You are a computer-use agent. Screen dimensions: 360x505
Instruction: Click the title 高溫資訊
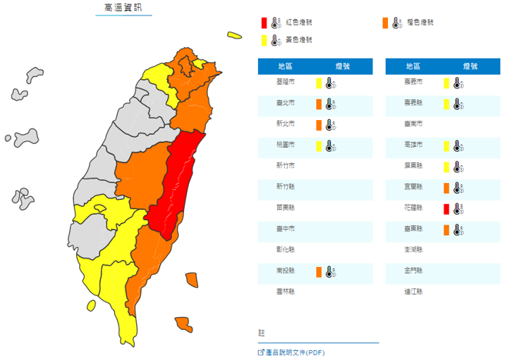[123, 8]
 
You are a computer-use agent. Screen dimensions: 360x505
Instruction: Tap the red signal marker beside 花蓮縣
[446, 208]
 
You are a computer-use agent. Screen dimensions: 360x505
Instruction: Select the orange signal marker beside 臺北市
[318, 104]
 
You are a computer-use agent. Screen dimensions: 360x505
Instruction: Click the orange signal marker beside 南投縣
[318, 271]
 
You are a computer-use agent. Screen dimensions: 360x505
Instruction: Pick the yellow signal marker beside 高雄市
[446, 145]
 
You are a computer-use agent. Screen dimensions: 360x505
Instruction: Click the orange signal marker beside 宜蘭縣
[446, 187]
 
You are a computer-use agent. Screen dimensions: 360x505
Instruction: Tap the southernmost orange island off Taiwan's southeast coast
[183, 324]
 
